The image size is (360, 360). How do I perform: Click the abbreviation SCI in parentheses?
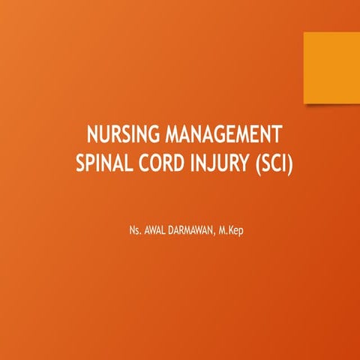[x=268, y=162]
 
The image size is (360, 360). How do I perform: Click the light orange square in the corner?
[x=331, y=67]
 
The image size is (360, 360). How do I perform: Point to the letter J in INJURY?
[x=209, y=163]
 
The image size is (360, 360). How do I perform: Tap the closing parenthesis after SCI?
[x=287, y=163]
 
